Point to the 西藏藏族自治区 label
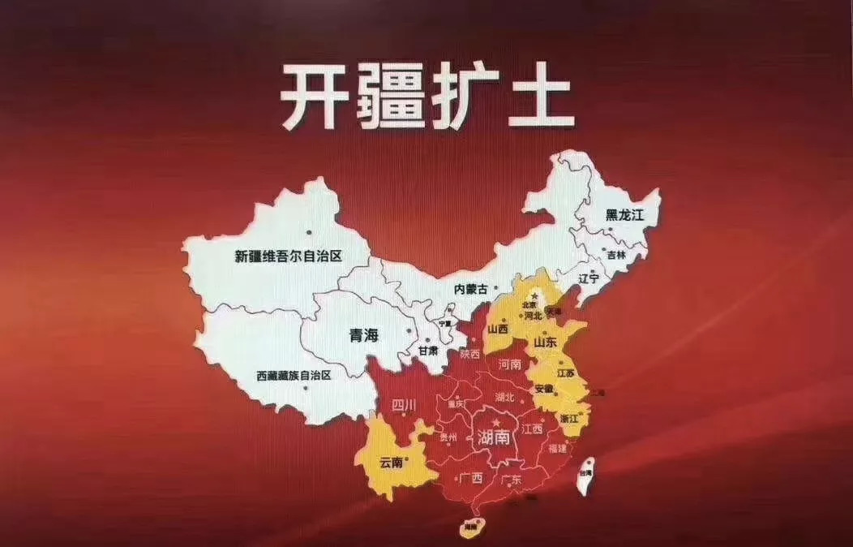294,376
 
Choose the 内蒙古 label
471,289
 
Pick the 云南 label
391,463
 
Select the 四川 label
403,404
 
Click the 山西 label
498,329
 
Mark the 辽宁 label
589,278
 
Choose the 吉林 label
616,254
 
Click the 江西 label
532,428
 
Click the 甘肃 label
427,351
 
